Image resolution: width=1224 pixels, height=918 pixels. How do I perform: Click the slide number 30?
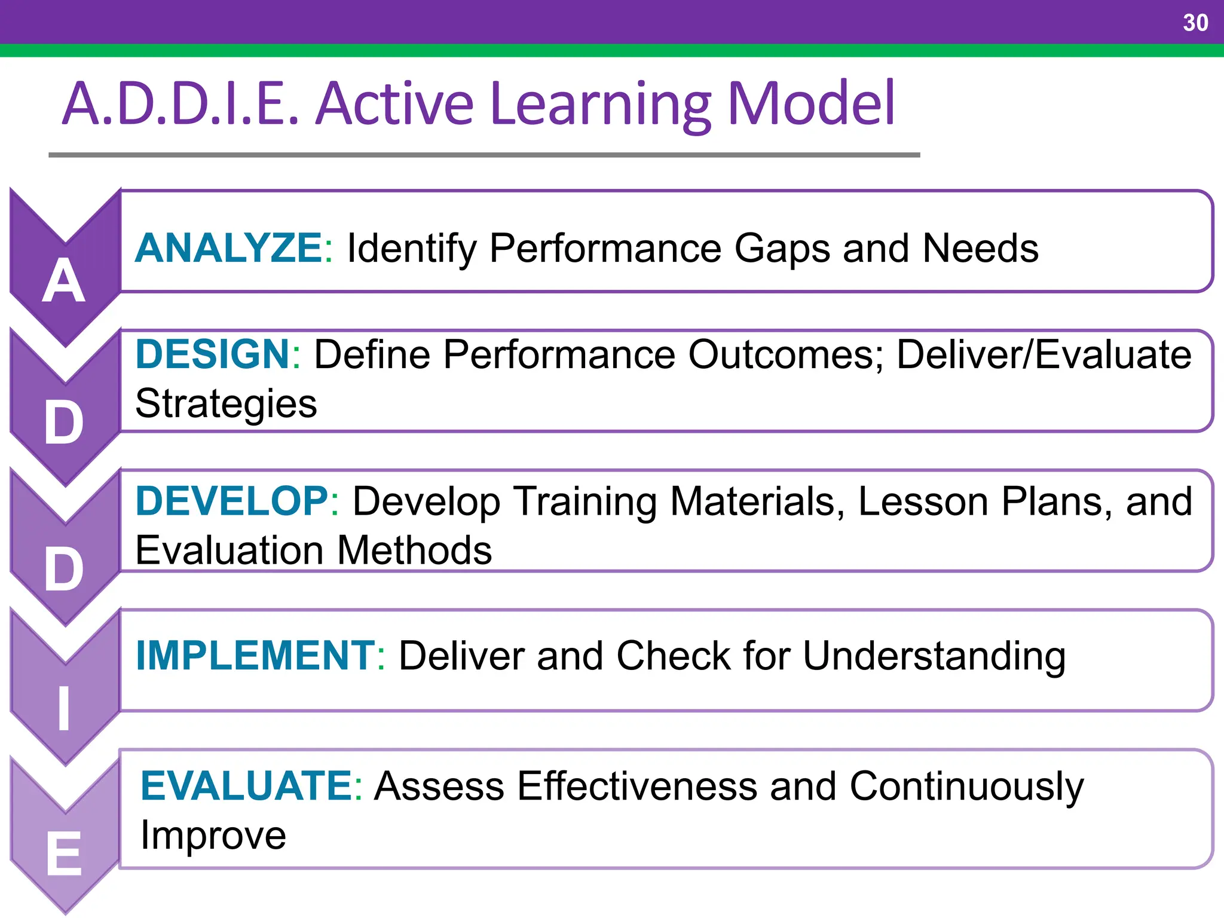[1195, 23]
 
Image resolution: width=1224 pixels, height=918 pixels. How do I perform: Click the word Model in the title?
[811, 104]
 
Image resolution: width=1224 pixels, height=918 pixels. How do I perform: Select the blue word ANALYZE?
[229, 248]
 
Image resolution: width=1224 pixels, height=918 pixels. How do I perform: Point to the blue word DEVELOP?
[232, 501]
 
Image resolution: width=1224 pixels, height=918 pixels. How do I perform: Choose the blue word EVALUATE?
[247, 786]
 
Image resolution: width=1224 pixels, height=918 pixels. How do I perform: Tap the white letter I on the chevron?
[64, 709]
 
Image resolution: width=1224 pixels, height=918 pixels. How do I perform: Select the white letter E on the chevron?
[64, 855]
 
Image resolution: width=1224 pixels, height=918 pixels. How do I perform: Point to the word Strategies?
[226, 404]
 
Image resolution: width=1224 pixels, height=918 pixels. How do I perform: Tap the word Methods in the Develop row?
[415, 550]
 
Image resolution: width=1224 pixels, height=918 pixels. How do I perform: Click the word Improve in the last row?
[213, 836]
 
